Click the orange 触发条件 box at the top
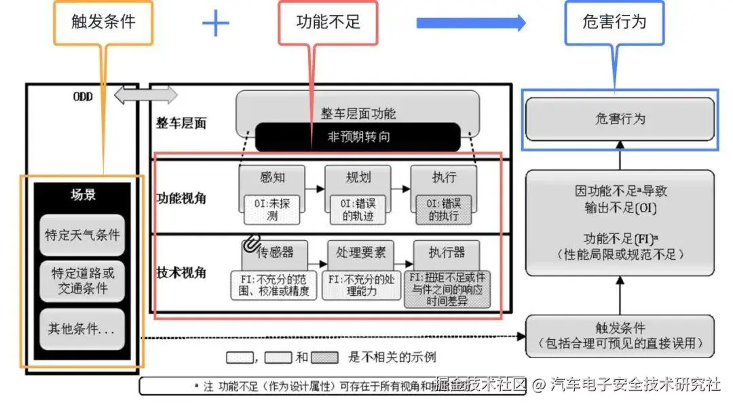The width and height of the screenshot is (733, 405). (x=103, y=22)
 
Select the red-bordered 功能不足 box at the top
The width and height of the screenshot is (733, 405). (x=328, y=22)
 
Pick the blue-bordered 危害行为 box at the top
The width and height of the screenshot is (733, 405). (x=614, y=22)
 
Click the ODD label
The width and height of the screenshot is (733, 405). (x=83, y=96)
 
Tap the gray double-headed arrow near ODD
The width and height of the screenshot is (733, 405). (x=145, y=96)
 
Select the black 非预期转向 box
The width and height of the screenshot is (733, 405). (x=358, y=137)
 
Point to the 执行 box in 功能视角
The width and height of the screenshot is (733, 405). (x=444, y=178)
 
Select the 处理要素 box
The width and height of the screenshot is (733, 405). (x=360, y=252)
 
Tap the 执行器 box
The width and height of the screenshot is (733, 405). (x=447, y=252)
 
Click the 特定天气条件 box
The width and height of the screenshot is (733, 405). (x=82, y=235)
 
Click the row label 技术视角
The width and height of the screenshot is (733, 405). (x=181, y=273)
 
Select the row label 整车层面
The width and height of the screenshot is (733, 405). (x=181, y=123)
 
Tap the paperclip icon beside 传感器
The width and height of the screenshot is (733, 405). (x=252, y=243)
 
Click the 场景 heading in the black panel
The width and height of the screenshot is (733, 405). (x=83, y=195)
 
